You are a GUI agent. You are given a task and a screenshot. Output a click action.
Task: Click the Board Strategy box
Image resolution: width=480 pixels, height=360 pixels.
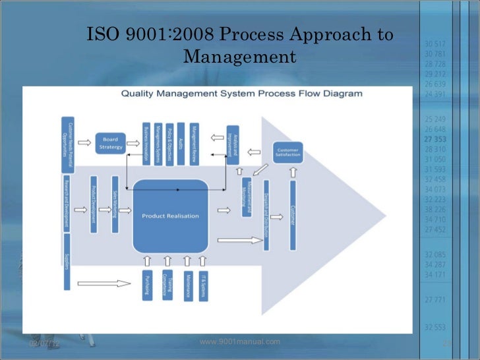110,143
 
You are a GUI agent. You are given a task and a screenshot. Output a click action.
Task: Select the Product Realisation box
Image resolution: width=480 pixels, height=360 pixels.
170,216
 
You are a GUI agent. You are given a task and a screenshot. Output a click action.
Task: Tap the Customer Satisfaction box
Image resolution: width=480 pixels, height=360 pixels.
287,152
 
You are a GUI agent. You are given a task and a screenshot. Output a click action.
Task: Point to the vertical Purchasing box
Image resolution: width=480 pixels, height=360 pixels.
148,285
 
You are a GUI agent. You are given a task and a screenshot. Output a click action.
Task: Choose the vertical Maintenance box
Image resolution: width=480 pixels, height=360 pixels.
188,285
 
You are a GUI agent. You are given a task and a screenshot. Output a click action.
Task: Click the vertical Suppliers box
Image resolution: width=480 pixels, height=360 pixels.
67,262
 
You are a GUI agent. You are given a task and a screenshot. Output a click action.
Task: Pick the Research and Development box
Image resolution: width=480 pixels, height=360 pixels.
67,203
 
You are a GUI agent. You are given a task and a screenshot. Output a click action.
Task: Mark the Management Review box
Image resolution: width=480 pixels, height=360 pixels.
194,144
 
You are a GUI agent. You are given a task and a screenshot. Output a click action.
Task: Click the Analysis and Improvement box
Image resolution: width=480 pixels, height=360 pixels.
232,144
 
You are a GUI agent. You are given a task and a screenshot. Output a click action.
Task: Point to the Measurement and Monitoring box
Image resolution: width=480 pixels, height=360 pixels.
247,196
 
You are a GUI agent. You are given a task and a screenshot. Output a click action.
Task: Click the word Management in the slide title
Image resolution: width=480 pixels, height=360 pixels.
239,57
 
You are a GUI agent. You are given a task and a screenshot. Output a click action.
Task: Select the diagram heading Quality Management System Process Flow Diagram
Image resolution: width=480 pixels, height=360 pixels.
241,94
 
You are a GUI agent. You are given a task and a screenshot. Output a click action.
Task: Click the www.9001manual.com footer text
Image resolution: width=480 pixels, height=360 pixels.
239,342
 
